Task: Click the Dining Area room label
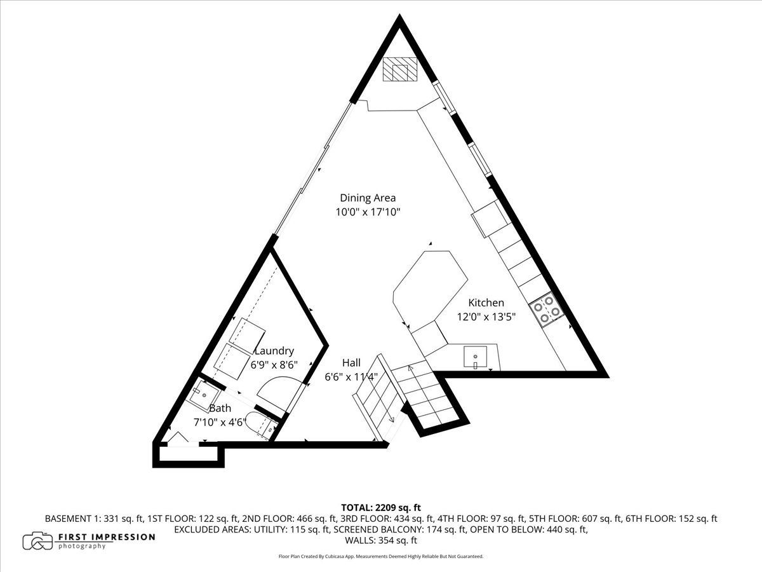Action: point(368,198)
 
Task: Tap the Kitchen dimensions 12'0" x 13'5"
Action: point(486,317)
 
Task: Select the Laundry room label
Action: point(274,351)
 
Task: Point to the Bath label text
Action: point(220,409)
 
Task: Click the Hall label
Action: point(351,363)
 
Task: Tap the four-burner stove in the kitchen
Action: point(547,310)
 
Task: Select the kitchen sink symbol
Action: point(475,357)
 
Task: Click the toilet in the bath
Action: point(260,425)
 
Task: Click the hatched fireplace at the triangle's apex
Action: point(399,69)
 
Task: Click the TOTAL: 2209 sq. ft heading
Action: point(381,508)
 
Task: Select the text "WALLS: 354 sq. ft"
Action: point(381,540)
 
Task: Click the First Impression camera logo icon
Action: point(39,541)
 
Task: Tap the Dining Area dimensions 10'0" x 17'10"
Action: point(368,212)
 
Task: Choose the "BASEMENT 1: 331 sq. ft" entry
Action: point(94,519)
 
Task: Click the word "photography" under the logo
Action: point(81,547)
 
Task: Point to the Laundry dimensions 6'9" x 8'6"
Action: point(274,365)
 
